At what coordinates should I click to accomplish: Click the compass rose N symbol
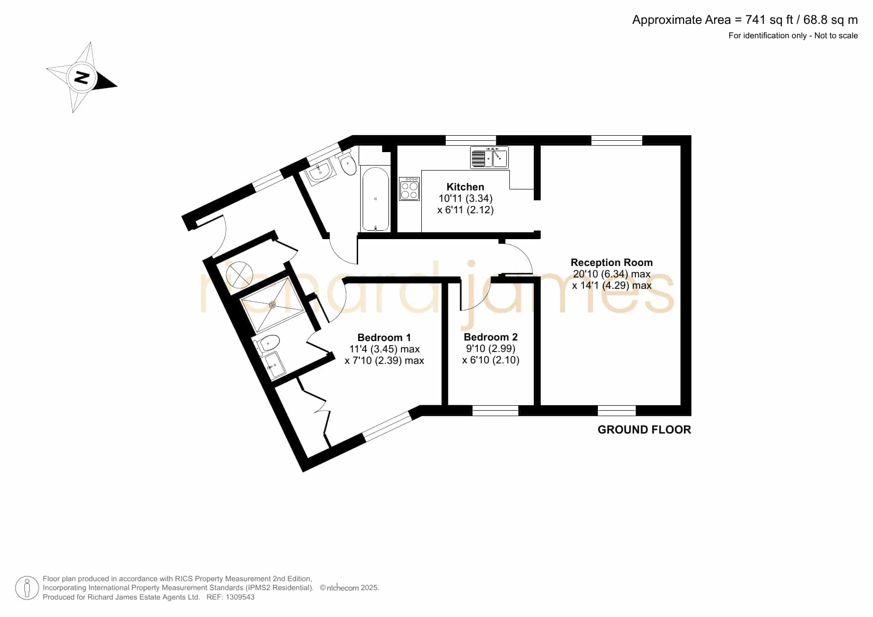[x=82, y=78]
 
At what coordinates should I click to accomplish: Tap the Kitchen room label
[x=465, y=187]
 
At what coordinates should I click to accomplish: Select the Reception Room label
[x=611, y=263]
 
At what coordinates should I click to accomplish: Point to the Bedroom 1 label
[x=384, y=338]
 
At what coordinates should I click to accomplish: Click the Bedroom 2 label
[x=490, y=337]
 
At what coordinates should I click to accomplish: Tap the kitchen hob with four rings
[x=409, y=189]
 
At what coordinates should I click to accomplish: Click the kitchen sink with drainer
[x=489, y=158]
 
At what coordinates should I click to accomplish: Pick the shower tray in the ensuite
[x=272, y=305]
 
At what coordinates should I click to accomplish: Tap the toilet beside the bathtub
[x=347, y=162]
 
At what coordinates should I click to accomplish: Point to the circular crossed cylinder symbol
[x=239, y=274]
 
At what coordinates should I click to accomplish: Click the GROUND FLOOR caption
[x=644, y=430]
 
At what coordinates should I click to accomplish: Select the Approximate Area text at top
[x=745, y=20]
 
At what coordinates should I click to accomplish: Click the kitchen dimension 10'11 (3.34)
[x=465, y=198]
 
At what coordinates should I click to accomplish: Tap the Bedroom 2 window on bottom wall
[x=495, y=411]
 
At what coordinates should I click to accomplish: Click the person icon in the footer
[x=27, y=588]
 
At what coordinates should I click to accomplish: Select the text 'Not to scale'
[x=836, y=36]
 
